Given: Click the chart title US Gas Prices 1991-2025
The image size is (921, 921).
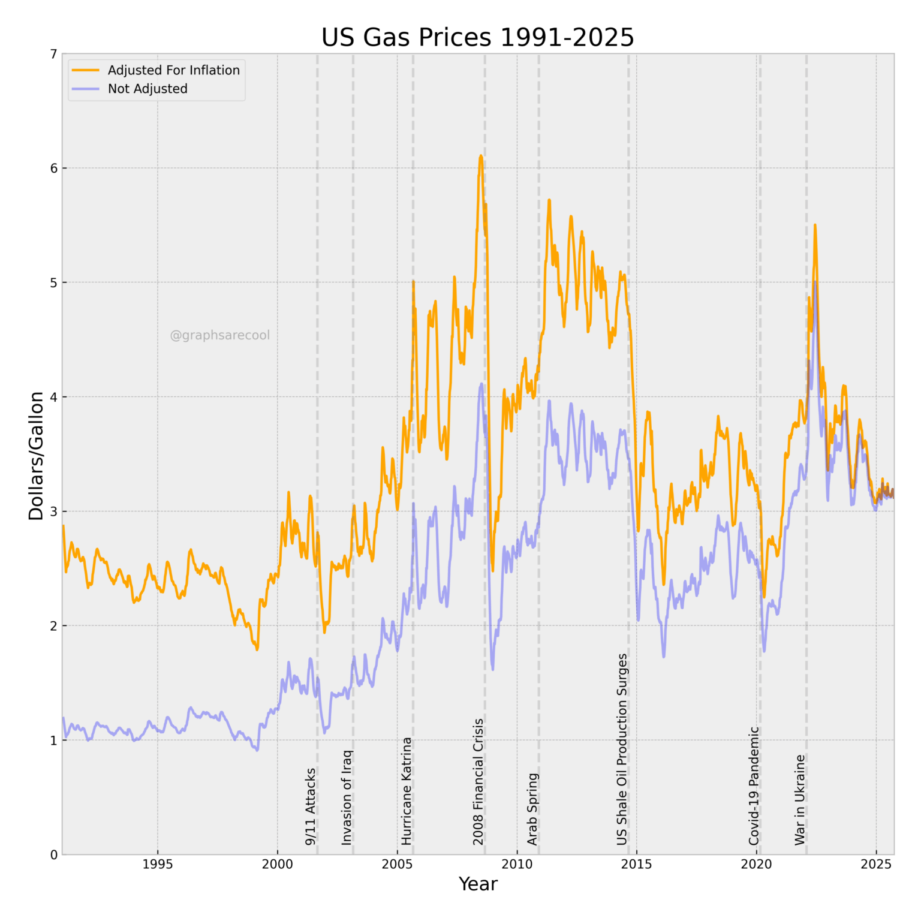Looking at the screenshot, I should (x=477, y=37).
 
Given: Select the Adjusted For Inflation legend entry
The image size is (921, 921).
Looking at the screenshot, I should (x=173, y=70).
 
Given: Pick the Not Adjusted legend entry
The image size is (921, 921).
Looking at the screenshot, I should (x=148, y=89).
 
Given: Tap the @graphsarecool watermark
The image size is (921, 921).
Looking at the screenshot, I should (x=220, y=335).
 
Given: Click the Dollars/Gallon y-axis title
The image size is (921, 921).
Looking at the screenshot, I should (x=37, y=456).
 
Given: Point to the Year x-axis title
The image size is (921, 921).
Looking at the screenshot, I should (x=478, y=884).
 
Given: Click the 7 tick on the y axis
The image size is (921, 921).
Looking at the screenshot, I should (x=54, y=55).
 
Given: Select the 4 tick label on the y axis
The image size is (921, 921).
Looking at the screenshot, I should (x=54, y=397).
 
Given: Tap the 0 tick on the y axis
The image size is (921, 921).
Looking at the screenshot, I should (x=54, y=854).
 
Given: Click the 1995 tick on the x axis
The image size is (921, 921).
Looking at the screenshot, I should (x=158, y=864).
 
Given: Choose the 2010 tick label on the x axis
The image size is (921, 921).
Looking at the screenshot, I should (x=517, y=864).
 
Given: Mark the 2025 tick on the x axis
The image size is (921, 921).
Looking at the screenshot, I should (x=876, y=864).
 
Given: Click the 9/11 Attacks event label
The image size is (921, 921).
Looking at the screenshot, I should (x=311, y=806).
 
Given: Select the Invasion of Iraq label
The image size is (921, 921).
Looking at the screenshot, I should (x=347, y=797).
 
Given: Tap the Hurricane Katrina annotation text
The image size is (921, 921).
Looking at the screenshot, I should (x=407, y=791).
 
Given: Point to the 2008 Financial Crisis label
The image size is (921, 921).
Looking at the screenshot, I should (x=478, y=782).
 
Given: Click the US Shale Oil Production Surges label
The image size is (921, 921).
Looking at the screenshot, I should (x=622, y=750).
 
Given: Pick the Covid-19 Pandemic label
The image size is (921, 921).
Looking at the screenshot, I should (x=754, y=785).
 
